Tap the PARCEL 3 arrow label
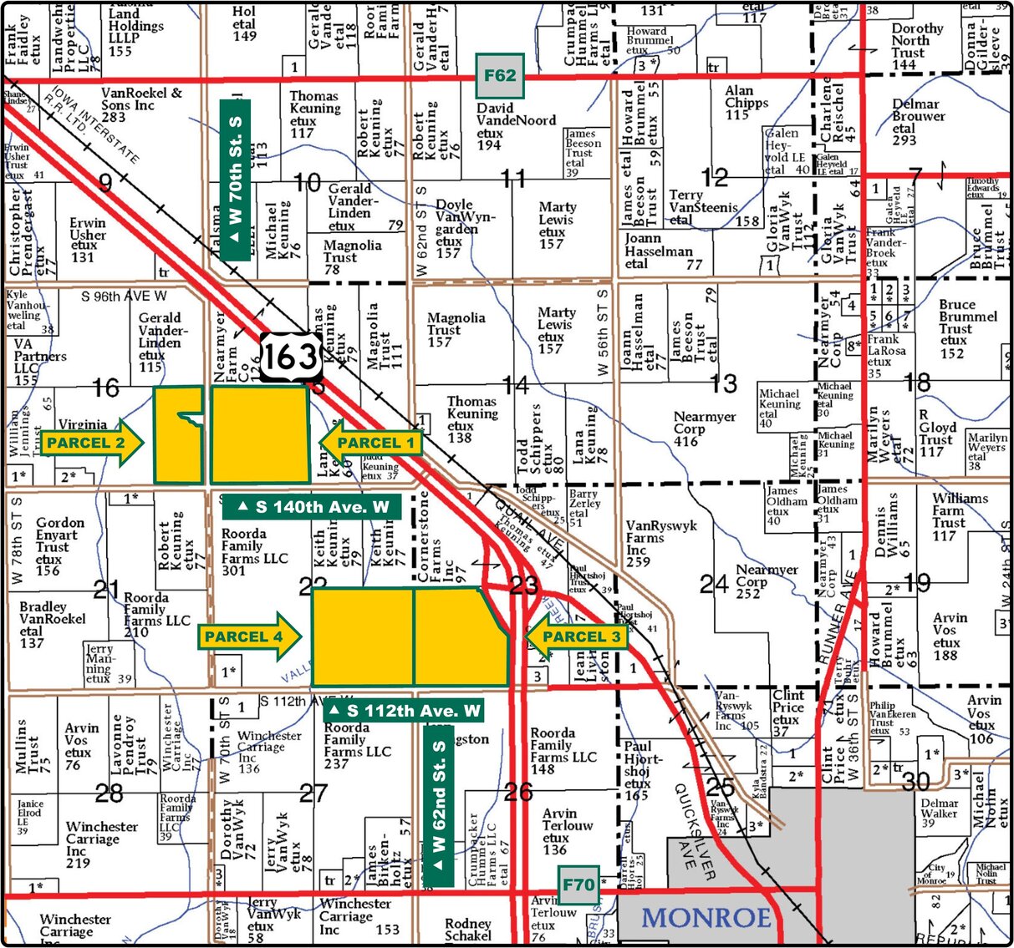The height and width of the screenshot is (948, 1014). pos(577,637)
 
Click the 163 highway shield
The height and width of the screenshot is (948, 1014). pos(291,357)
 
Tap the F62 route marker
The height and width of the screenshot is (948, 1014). pos(500,76)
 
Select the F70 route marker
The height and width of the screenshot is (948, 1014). pos(578,885)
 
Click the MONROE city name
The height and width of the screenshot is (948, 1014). pos(706,918)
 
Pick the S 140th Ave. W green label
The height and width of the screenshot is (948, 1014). pos(312,507)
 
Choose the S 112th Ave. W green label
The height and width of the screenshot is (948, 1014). pos(404,711)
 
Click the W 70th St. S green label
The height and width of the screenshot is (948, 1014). pos(235,179)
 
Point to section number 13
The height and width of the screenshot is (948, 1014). pos(723,383)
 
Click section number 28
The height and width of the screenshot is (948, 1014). pos(110,792)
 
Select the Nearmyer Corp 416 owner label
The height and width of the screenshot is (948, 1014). pos(705,428)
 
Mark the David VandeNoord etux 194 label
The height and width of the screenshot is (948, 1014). pos(516,126)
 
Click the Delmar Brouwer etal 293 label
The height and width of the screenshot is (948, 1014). pos(915,122)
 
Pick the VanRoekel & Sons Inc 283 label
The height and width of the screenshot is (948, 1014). pos(141,104)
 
